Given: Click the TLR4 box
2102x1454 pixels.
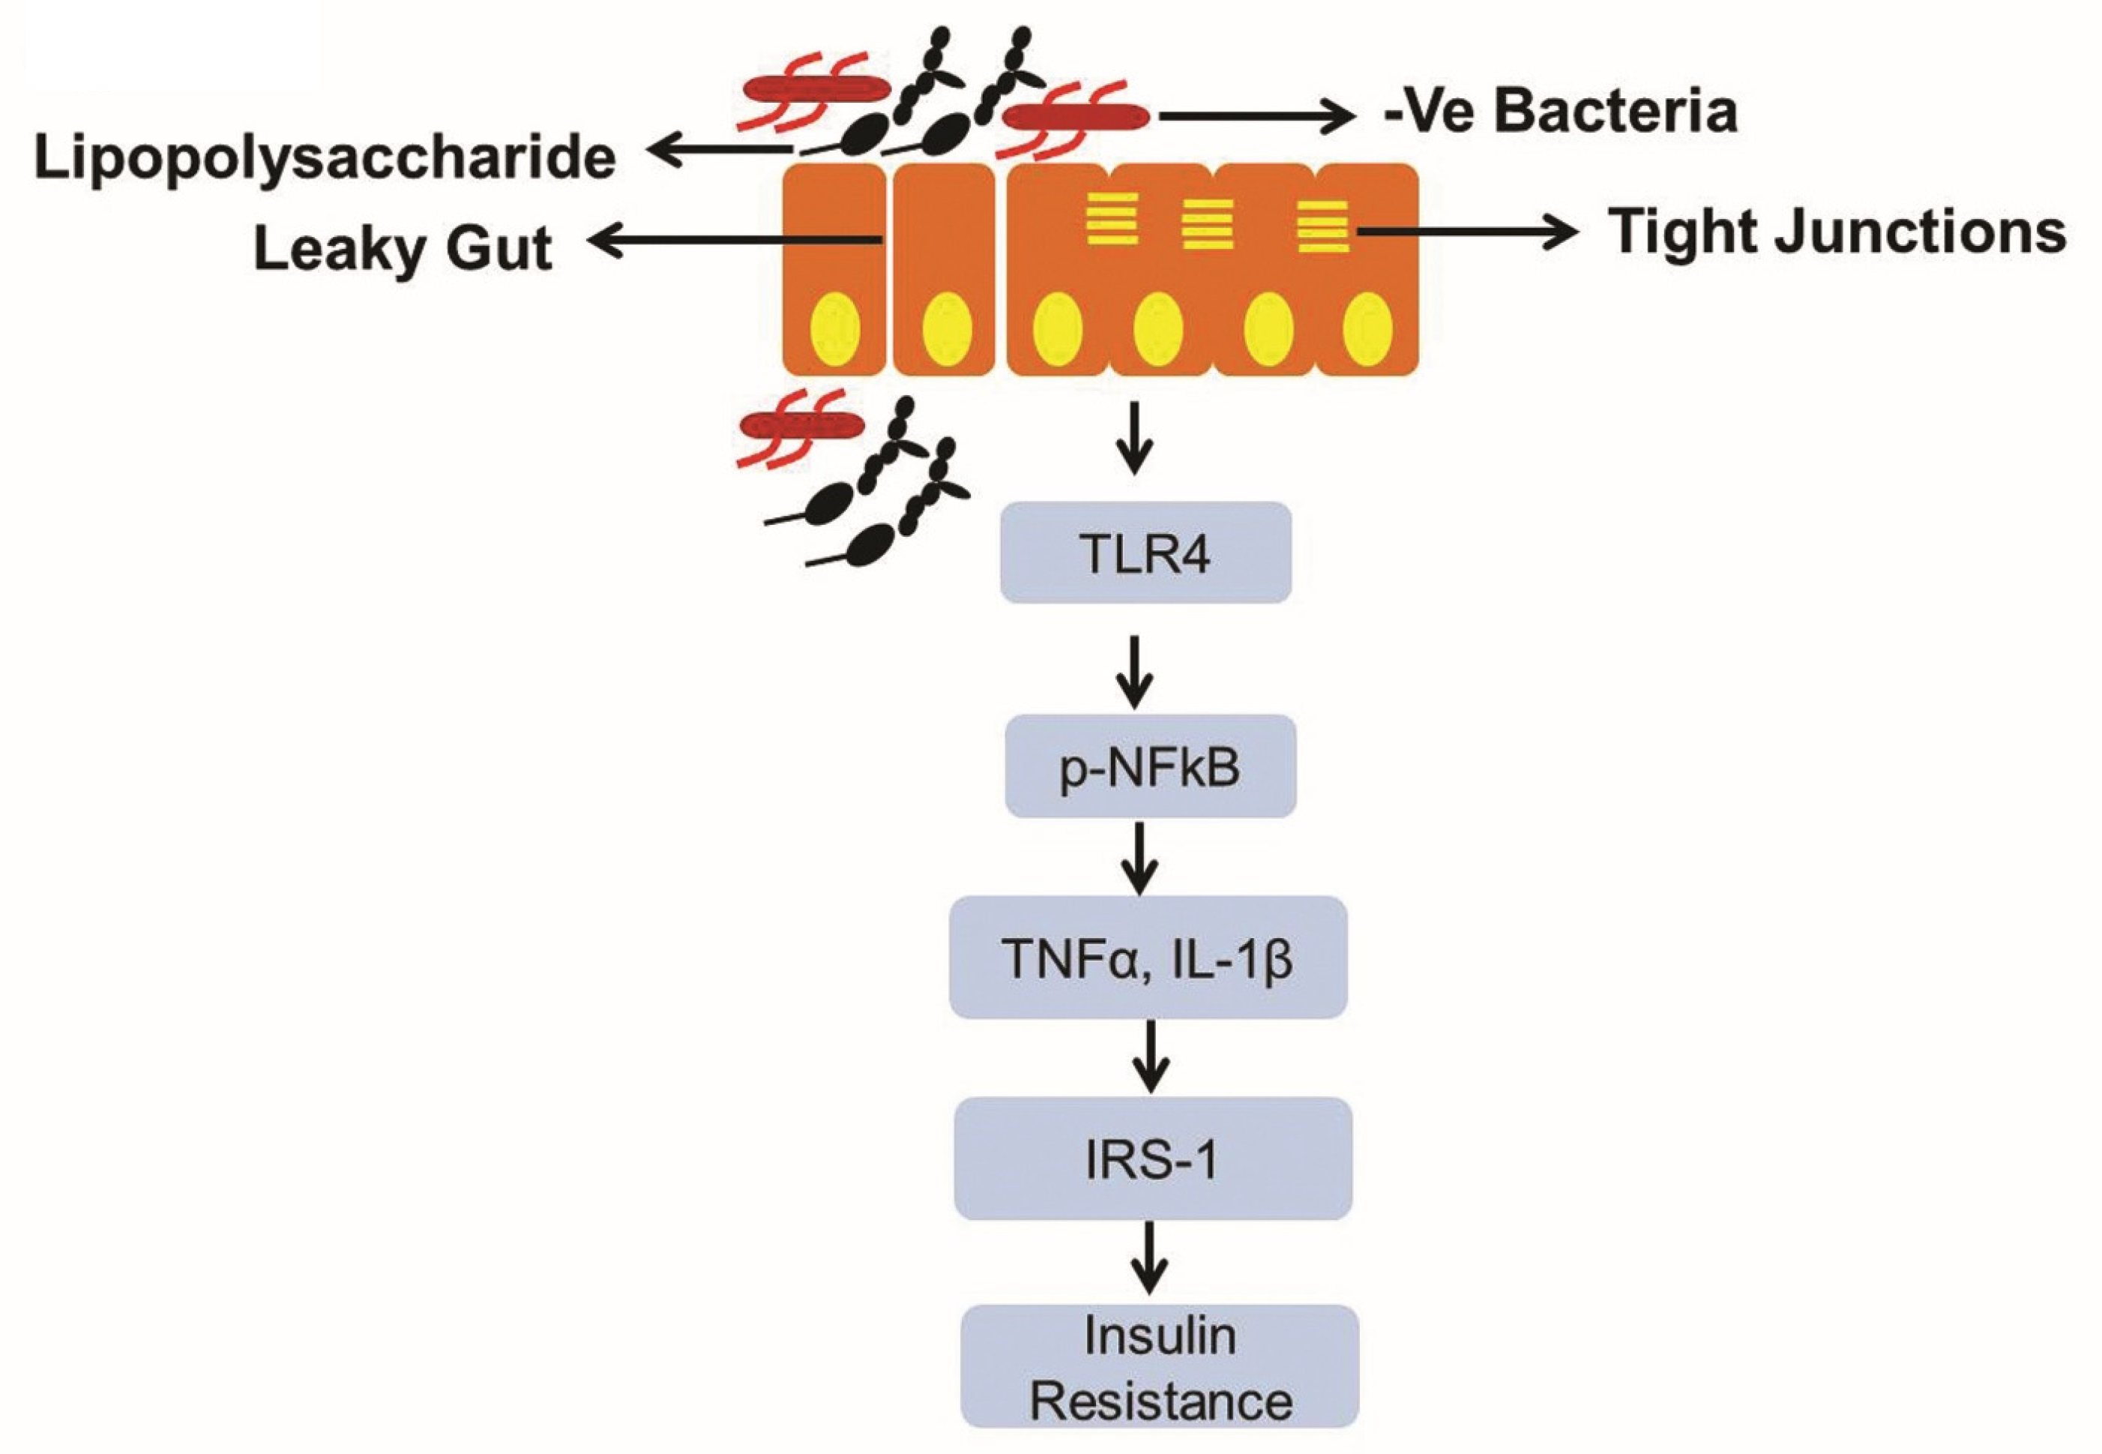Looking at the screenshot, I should click(x=1145, y=552).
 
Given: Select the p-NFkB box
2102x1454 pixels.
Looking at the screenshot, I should click(x=1149, y=766).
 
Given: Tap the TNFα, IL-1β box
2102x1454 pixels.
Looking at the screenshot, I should click(x=1148, y=958).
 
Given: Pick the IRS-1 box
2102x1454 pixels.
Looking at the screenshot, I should click(x=1152, y=1159).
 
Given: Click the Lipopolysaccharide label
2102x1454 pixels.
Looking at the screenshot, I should click(x=325, y=157).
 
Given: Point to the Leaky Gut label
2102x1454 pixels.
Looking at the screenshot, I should click(x=403, y=247).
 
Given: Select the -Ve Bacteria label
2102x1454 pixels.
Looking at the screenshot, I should click(x=1559, y=112).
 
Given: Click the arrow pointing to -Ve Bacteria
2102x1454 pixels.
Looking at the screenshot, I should click(x=1257, y=115).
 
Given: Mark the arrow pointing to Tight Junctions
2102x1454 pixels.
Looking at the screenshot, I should click(x=1466, y=232).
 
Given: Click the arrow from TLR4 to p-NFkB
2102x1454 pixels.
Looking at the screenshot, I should click(x=1135, y=671).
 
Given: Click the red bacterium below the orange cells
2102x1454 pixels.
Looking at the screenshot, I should click(x=801, y=424).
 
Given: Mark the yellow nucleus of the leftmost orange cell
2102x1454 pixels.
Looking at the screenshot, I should click(x=835, y=329).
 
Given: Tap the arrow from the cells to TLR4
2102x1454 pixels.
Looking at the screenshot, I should click(x=1135, y=437).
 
